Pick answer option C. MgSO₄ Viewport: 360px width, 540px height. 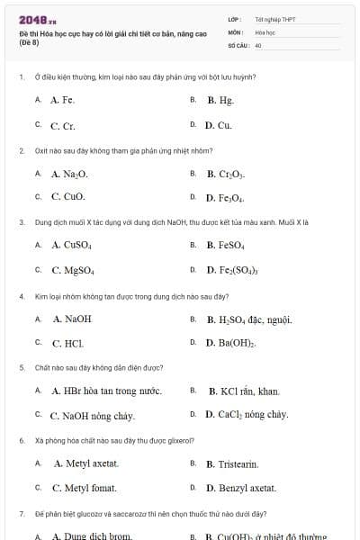point(73,269)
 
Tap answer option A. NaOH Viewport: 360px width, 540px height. point(72,319)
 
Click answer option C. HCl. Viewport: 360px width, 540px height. point(67,343)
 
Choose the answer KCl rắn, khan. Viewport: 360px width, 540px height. point(244,391)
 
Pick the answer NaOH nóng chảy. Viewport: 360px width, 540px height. point(92,416)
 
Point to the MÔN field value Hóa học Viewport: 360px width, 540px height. point(265,31)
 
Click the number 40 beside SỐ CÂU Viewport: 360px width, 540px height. point(258,44)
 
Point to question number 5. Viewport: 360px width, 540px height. point(22,368)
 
